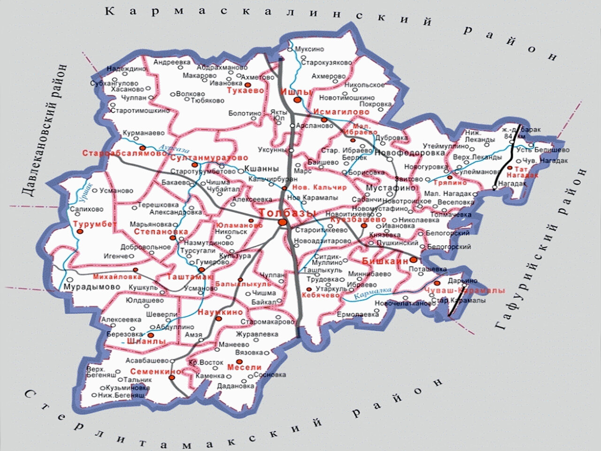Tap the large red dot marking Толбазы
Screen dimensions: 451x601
[282, 222]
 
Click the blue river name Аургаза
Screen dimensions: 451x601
[174, 149]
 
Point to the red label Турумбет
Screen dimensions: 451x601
[94, 224]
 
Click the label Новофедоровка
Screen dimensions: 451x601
[409, 153]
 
